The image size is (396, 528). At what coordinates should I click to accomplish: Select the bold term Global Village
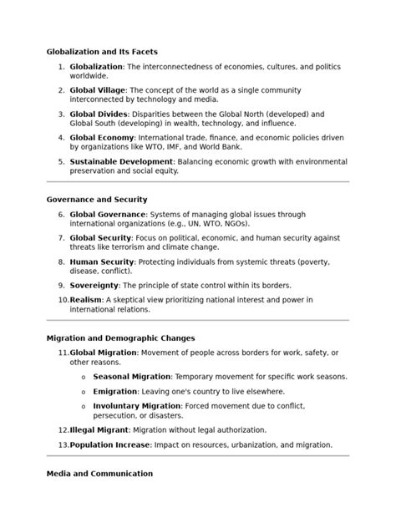98,89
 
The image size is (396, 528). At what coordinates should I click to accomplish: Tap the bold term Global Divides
99,113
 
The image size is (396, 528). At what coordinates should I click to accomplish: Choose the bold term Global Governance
108,214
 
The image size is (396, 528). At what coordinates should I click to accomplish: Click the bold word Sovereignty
94,285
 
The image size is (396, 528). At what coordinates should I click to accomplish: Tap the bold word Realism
86,299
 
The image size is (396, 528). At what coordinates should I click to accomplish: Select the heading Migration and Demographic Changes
121,338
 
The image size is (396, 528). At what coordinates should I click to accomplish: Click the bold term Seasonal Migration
131,376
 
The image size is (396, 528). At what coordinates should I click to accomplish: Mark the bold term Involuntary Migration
136,406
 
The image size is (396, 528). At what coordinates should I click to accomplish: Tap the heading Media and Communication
99,474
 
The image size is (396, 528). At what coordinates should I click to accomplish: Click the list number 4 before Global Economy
61,136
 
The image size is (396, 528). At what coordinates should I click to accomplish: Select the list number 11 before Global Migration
63,353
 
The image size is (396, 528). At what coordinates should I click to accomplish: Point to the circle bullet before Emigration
83,392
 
